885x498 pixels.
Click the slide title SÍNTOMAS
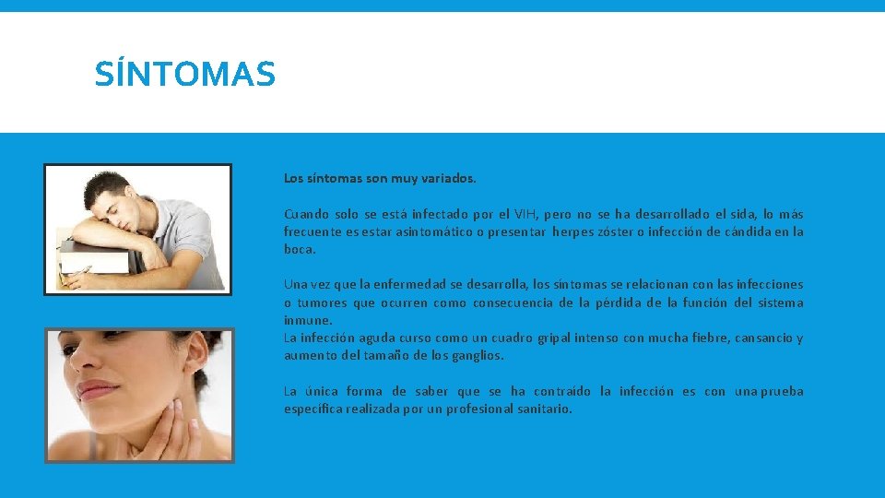pos(184,74)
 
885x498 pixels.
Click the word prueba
pos(782,392)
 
